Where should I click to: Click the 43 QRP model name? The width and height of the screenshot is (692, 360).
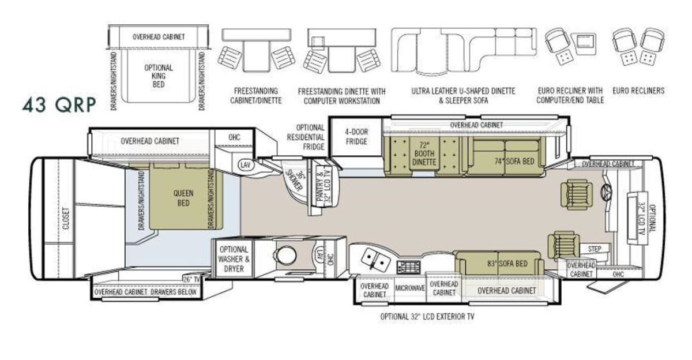pyautogui.click(x=59, y=105)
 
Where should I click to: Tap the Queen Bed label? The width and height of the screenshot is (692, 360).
pyautogui.click(x=183, y=198)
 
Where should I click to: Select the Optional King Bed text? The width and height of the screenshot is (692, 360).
pyautogui.click(x=159, y=76)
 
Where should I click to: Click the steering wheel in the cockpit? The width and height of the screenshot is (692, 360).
pyautogui.click(x=606, y=192)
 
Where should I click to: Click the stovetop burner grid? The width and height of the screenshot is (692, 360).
pyautogui.click(x=409, y=267)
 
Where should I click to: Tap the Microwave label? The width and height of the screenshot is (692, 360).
pyautogui.click(x=409, y=288)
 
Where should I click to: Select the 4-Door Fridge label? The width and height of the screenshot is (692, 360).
pyautogui.click(x=356, y=137)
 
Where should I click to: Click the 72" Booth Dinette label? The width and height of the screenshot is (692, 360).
pyautogui.click(x=424, y=153)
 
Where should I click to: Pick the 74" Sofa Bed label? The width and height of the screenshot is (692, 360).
pyautogui.click(x=514, y=161)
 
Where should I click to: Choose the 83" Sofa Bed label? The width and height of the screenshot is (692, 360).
pyautogui.click(x=507, y=264)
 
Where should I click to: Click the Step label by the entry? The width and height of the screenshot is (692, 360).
pyautogui.click(x=595, y=249)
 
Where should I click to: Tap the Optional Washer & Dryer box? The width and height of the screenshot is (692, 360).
pyautogui.click(x=234, y=259)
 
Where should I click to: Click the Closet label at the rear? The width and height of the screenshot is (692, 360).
pyautogui.click(x=66, y=219)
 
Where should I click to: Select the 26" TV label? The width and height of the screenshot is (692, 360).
pyautogui.click(x=192, y=280)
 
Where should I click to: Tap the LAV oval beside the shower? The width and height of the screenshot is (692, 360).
pyautogui.click(x=246, y=164)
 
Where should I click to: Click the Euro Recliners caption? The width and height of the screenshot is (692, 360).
pyautogui.click(x=638, y=91)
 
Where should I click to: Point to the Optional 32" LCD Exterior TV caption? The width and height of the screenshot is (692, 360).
pyautogui.click(x=427, y=316)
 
